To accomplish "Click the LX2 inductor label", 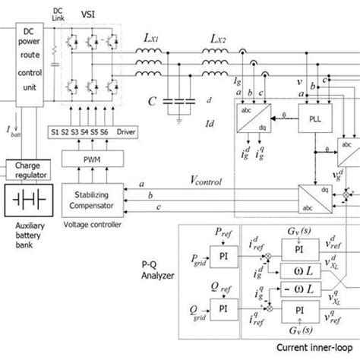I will pyautogui.click(x=223, y=37).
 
